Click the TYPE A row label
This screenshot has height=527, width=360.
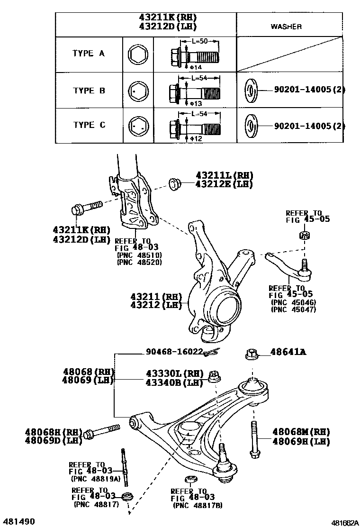[89, 54]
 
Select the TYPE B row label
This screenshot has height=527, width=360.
[89, 91]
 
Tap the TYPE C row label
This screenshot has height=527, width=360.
[89, 125]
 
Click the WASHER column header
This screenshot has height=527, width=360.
[286, 27]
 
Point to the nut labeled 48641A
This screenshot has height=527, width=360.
[252, 354]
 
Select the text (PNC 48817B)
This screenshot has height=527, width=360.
[197, 506]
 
